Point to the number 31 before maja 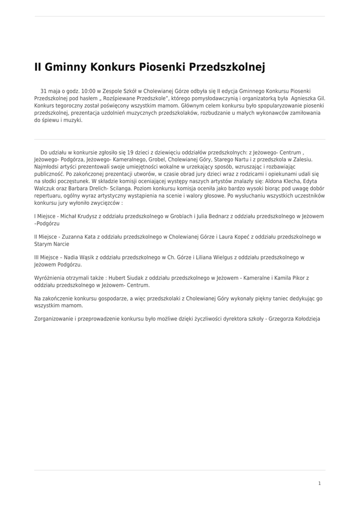tap(43, 91)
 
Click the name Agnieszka tap(305, 98)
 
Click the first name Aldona tap(267, 181)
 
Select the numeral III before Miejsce tap(37, 257)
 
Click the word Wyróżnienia tap(51, 278)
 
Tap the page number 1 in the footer tap(319, 483)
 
